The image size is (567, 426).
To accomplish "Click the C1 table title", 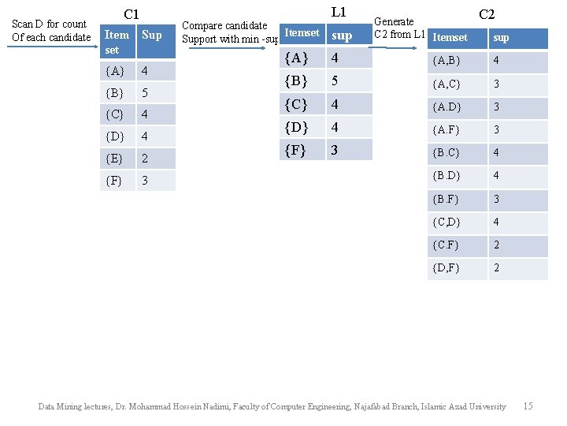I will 132,14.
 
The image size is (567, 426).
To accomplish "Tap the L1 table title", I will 339,12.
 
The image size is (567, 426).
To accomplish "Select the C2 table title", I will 487,13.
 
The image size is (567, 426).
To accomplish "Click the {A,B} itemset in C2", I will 447,61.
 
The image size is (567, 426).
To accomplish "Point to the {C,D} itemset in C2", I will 447,222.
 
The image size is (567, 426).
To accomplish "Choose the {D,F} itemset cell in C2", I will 447,268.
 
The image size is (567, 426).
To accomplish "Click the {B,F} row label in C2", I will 447,199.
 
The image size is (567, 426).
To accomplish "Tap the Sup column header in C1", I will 152,35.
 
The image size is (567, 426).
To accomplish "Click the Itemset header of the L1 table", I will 302,33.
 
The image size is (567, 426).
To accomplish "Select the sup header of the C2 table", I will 501,37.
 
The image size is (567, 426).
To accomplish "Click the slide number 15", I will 528,406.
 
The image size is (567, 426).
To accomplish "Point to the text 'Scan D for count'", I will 50,24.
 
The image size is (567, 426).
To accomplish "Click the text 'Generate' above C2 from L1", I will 394,21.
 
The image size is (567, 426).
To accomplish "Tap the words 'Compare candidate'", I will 224,26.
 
